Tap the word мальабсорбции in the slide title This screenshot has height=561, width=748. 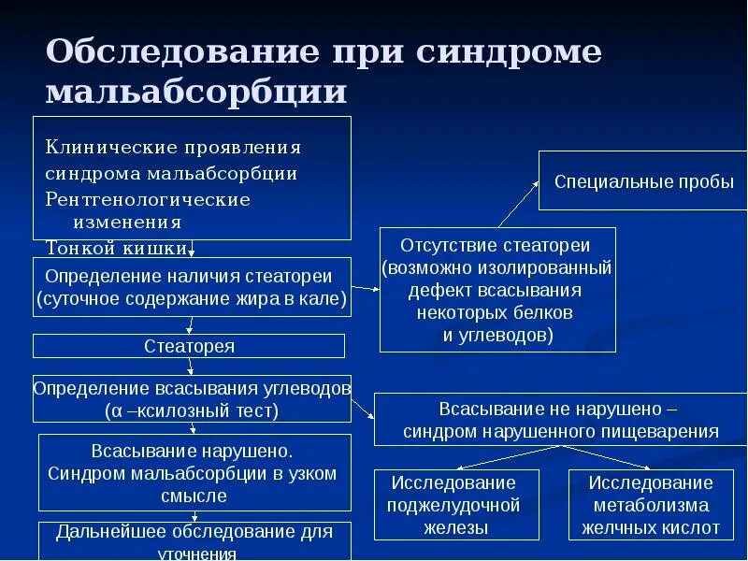pyautogui.click(x=196, y=92)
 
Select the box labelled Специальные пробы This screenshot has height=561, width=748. pyautogui.click(x=643, y=181)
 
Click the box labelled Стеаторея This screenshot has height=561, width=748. pyautogui.click(x=189, y=346)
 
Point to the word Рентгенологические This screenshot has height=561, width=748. pyautogui.click(x=148, y=200)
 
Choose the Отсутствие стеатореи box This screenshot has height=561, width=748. pyautogui.click(x=496, y=289)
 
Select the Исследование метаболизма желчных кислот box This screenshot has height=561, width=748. pyautogui.click(x=651, y=505)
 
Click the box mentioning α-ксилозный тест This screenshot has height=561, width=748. pyautogui.click(x=192, y=398)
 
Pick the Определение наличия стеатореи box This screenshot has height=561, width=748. pyautogui.click(x=192, y=286)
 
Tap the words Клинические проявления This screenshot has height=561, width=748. pyautogui.click(x=173, y=148)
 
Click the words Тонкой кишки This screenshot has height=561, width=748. pyautogui.click(x=116, y=248)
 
